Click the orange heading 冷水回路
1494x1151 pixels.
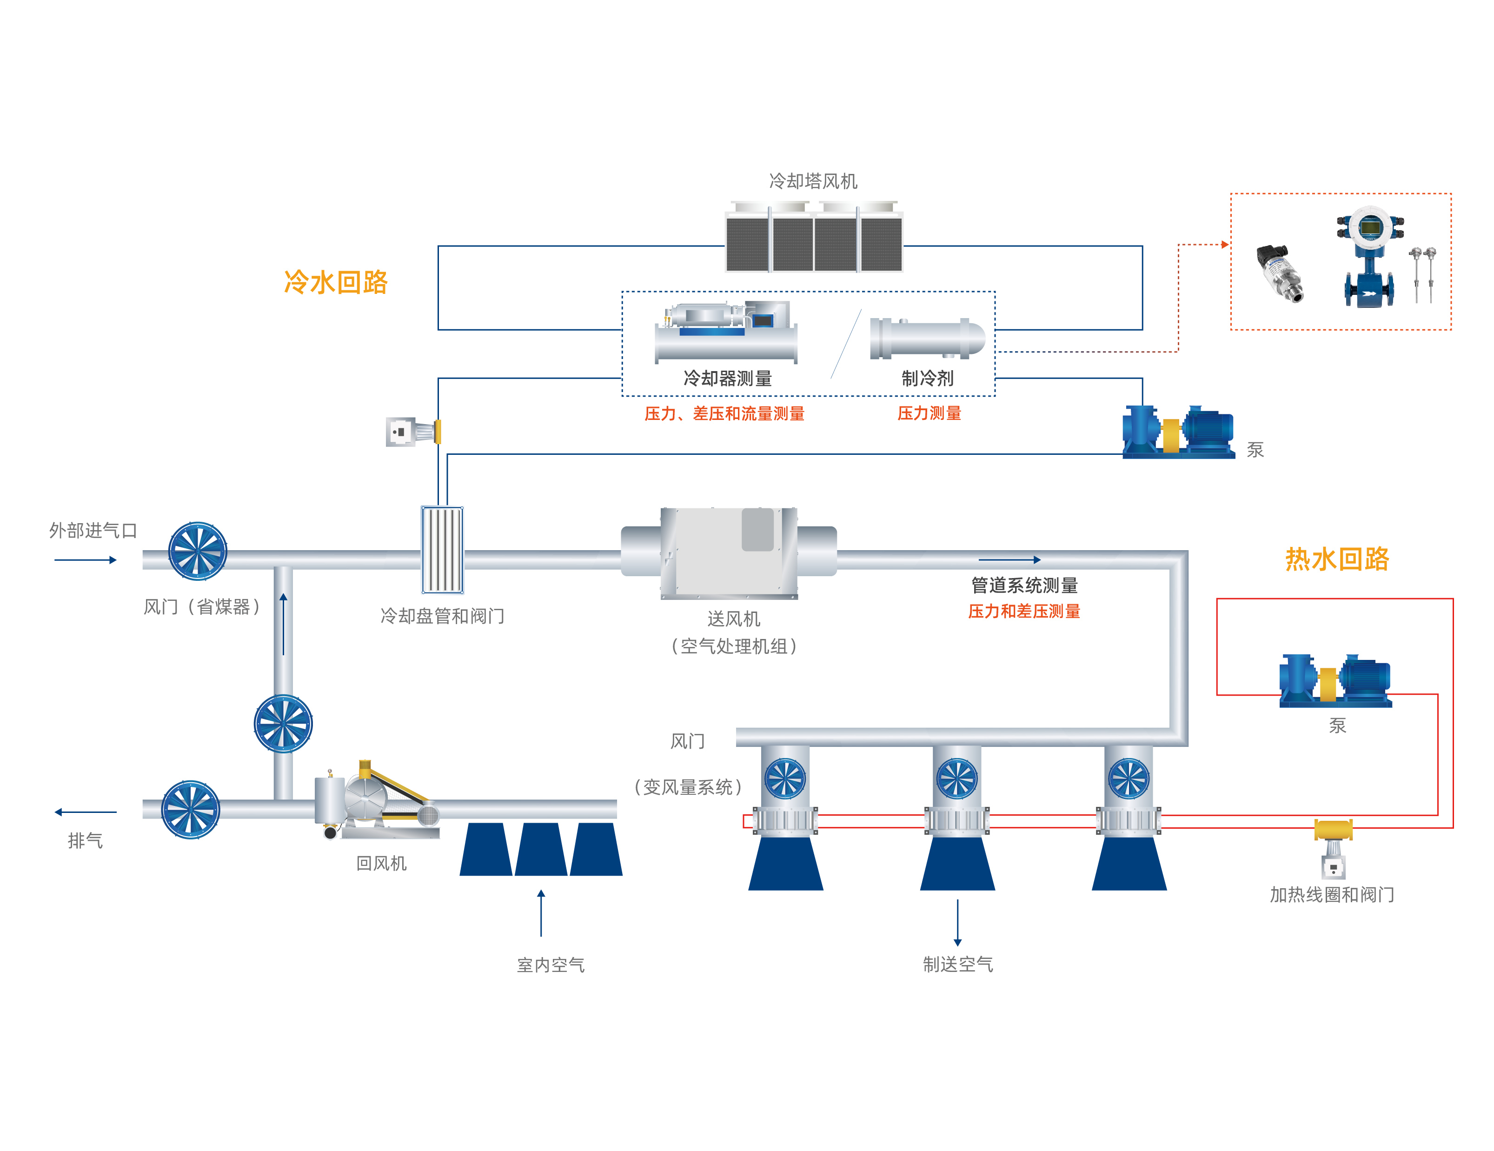pyautogui.click(x=335, y=282)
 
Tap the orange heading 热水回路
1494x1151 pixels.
pyautogui.click(x=1337, y=559)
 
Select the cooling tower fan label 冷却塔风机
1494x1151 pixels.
pyautogui.click(x=813, y=181)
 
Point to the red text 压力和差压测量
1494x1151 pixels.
pyautogui.click(x=1023, y=611)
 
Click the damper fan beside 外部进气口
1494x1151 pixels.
pyautogui.click(x=198, y=551)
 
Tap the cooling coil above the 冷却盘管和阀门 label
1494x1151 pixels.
pyautogui.click(x=442, y=550)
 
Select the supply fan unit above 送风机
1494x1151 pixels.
pyautogui.click(x=729, y=552)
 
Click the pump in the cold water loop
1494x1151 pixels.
pyautogui.click(x=1178, y=431)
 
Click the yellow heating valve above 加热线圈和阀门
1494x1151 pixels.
pyautogui.click(x=1333, y=830)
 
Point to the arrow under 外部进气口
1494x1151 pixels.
pyautogui.click(x=86, y=560)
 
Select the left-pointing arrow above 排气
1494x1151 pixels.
pyautogui.click(x=86, y=812)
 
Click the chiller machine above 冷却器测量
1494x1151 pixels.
pyautogui.click(x=726, y=332)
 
